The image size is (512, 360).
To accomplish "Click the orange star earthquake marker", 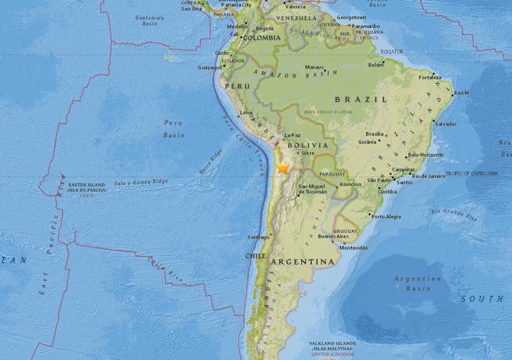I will [x=283, y=168].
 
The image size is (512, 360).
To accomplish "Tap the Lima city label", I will [x=245, y=113].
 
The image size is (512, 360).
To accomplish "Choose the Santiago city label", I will [x=257, y=237].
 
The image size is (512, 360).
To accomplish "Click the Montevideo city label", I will [x=353, y=247].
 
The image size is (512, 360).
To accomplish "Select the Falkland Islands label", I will [x=332, y=345].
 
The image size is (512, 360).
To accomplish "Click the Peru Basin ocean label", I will [x=173, y=129].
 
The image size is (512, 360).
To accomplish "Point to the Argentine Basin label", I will [x=418, y=283].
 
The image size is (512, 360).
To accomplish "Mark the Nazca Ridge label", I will [x=210, y=165].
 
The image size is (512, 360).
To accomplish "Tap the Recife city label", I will [x=461, y=93].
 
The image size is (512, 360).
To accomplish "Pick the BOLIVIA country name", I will [x=307, y=145].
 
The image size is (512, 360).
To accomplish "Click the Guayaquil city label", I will [x=210, y=67].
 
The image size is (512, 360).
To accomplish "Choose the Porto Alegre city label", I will [x=387, y=217].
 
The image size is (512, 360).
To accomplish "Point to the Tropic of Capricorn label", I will [x=471, y=173].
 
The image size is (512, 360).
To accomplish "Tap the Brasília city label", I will [x=374, y=134].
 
